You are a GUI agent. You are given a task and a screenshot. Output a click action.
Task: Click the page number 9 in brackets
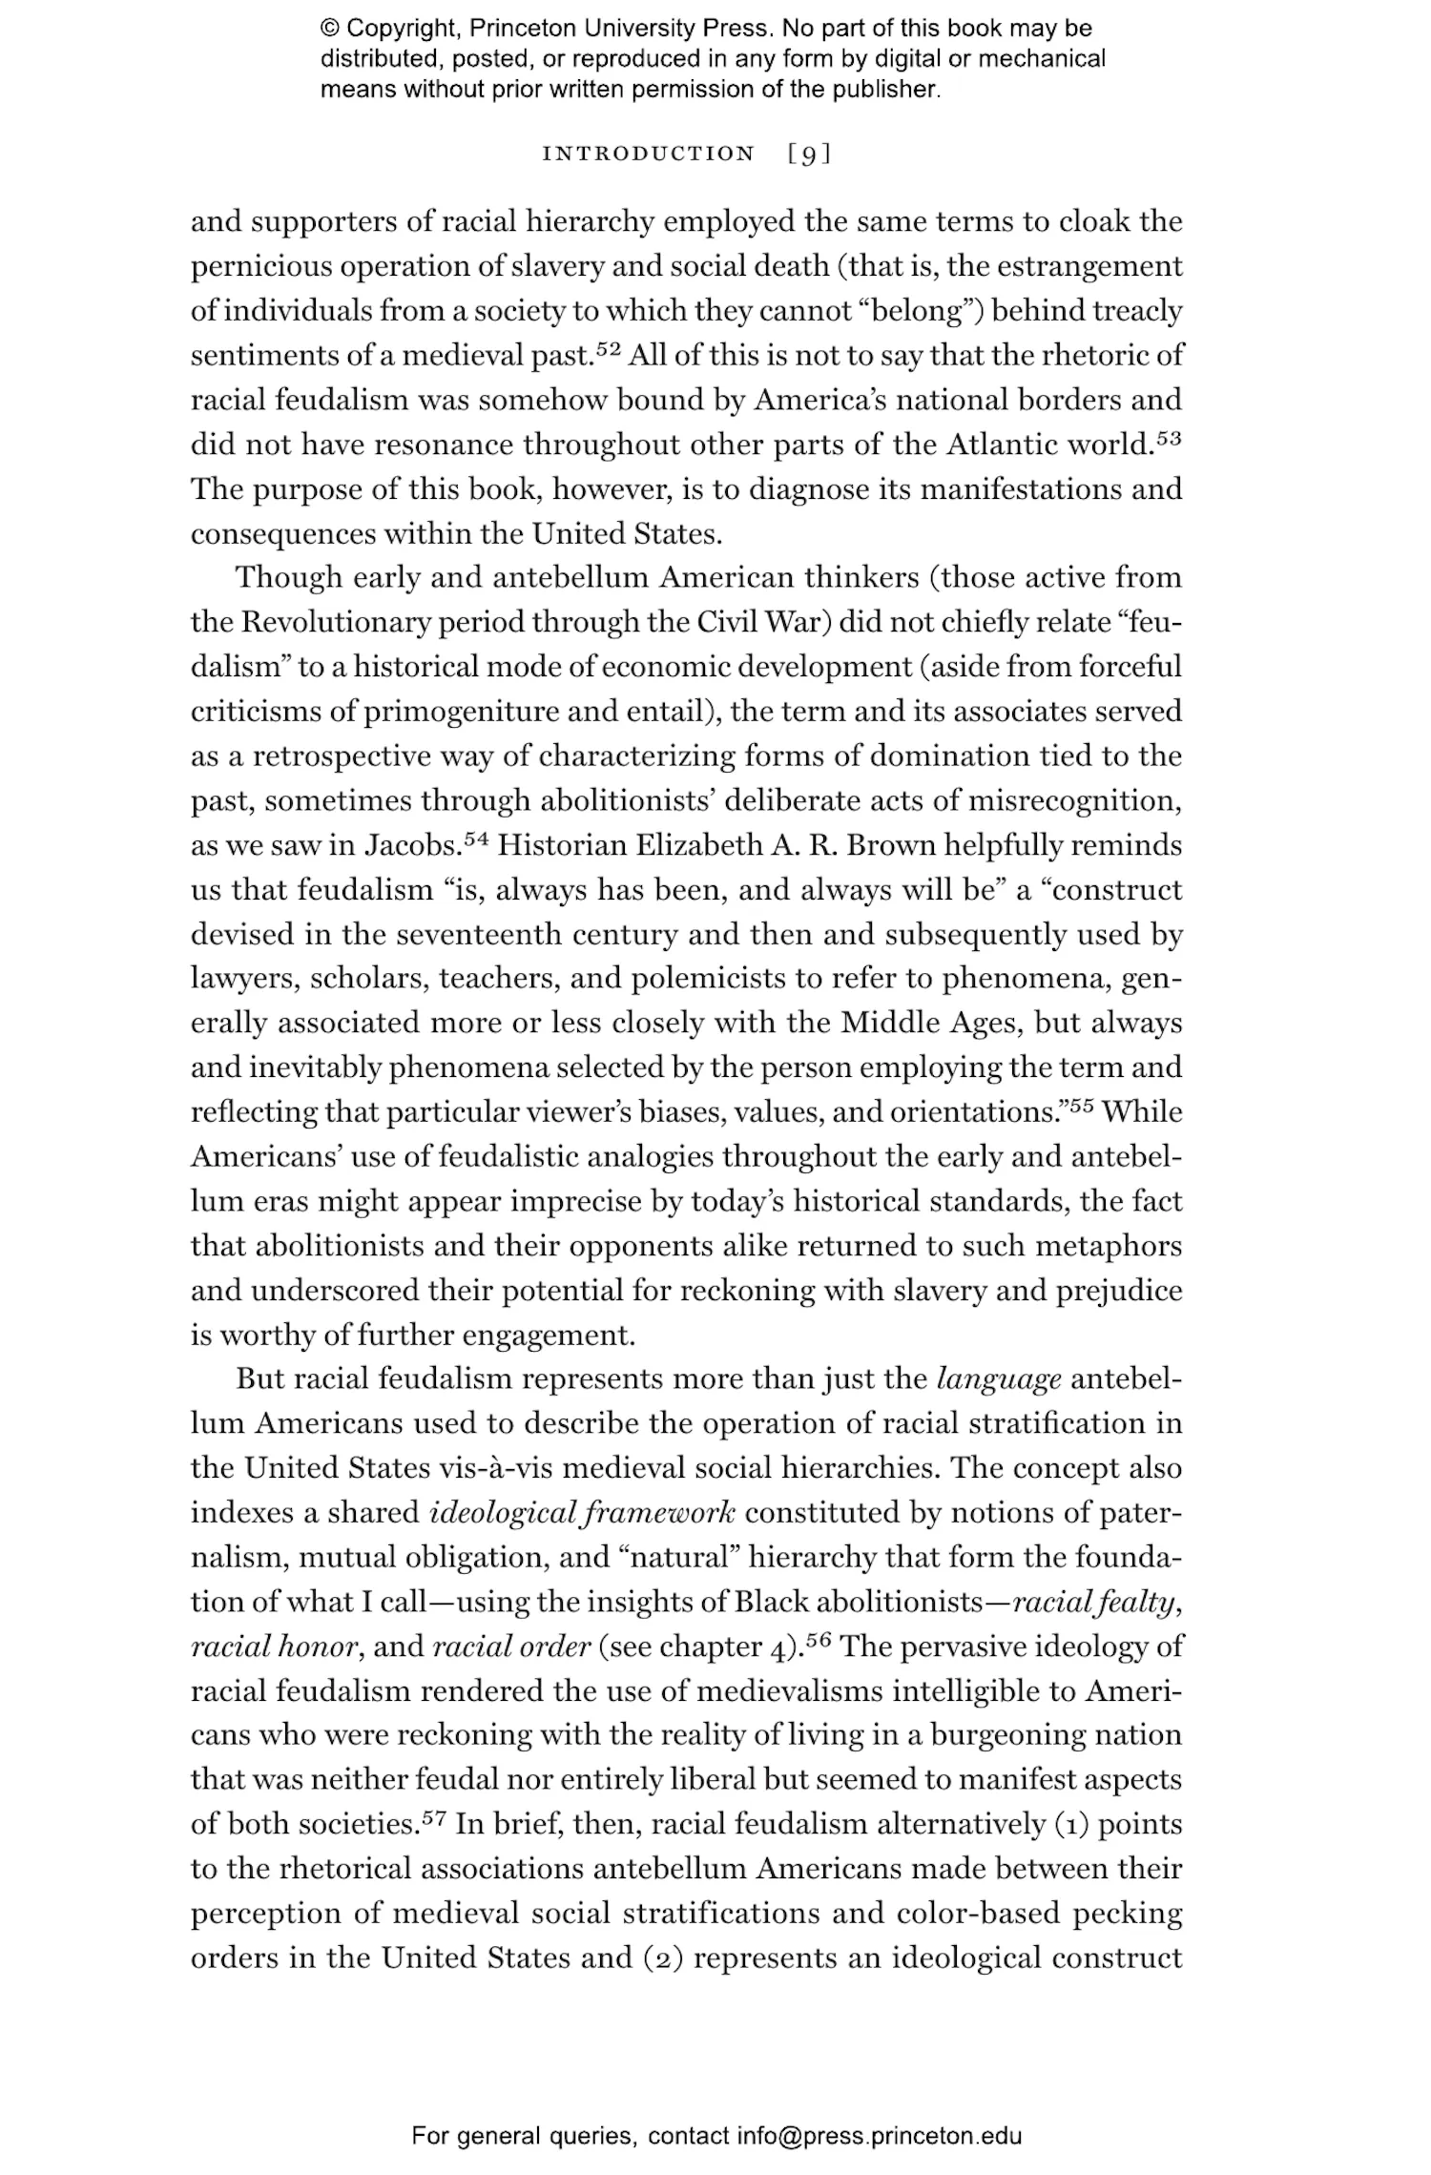tap(809, 154)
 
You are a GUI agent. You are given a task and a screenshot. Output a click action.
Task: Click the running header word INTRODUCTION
tap(648, 154)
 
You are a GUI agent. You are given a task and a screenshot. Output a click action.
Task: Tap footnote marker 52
tap(609, 349)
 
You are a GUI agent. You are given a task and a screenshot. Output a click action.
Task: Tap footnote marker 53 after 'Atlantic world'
tap(1169, 439)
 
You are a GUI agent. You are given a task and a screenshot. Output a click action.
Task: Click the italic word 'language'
tap(999, 1379)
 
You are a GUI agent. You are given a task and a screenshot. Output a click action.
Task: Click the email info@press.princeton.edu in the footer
tap(879, 2136)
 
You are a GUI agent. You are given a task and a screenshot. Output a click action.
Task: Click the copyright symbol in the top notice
tap(330, 29)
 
